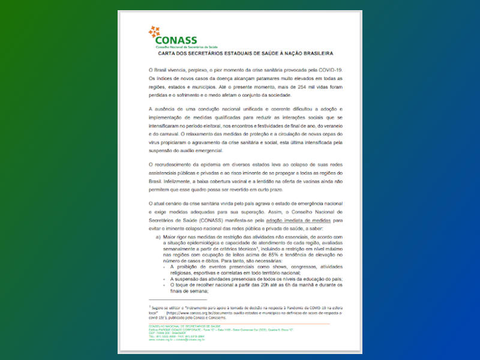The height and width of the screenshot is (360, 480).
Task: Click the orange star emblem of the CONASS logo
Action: [x=154, y=32]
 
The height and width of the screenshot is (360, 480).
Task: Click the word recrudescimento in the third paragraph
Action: [x=187, y=164]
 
